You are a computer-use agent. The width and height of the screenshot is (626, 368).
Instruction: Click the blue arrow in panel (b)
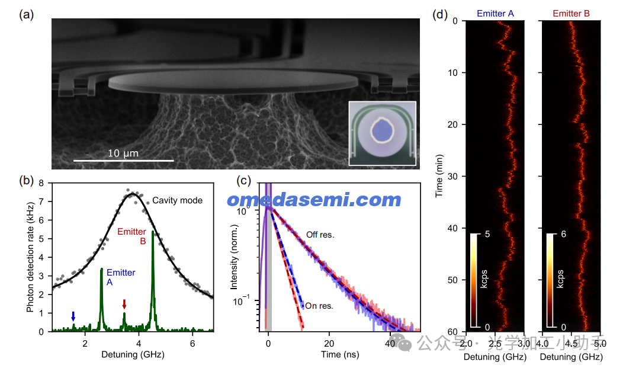coord(73,316)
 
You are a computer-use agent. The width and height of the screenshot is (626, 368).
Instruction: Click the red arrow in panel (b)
coord(124,304)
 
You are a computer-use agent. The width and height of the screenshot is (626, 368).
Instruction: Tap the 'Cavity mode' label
coord(177,200)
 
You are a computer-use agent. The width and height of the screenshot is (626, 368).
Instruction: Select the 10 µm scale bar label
coord(123,153)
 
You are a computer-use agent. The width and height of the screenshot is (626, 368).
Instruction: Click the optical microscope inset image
coord(382,133)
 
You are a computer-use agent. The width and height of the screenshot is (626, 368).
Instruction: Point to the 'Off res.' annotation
coord(320,235)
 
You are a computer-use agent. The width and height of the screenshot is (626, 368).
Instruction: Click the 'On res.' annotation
coord(319,306)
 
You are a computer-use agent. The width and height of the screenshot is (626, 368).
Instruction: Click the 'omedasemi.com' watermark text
coord(314,200)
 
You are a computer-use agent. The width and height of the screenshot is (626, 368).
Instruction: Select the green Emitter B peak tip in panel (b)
coord(153,232)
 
